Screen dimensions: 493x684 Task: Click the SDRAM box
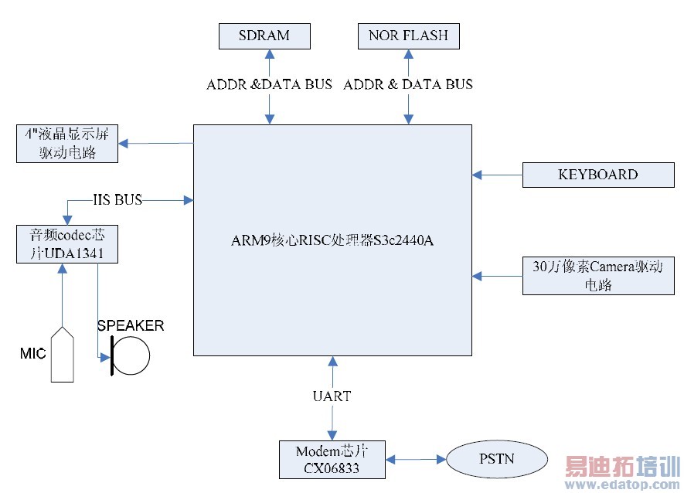[264, 36]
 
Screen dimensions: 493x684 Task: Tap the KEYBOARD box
[597, 175]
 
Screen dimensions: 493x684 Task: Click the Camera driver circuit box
[597, 275]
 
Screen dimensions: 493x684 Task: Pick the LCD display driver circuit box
[67, 143]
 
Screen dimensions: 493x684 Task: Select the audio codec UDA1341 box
[67, 243]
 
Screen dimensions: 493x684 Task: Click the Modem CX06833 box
[333, 458]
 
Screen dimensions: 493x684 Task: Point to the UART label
[332, 396]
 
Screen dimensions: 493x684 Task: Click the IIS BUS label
[117, 200]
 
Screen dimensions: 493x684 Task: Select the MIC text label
[32, 354]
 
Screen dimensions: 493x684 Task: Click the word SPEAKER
[131, 325]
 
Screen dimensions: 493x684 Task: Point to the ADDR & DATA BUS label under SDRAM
[269, 84]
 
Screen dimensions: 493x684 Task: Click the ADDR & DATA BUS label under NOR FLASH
[408, 84]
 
